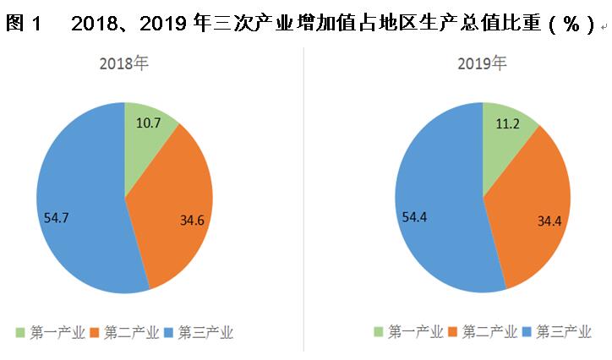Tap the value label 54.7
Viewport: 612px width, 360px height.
coord(57,217)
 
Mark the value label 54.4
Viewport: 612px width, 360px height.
coord(414,217)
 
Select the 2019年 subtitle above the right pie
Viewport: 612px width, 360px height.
coord(483,63)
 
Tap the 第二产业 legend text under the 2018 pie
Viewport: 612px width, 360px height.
coord(131,332)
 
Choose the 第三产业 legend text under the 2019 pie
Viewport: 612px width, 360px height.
coord(564,332)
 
